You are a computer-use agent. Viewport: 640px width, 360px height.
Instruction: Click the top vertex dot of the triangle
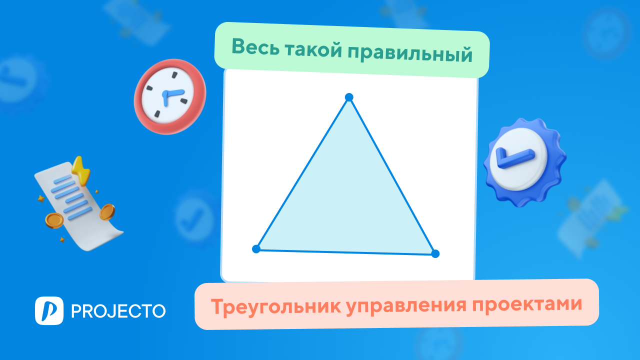[349, 97]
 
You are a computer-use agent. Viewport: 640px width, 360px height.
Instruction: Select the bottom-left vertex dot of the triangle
[256, 248]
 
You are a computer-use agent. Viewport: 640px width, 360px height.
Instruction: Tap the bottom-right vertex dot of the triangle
[435, 253]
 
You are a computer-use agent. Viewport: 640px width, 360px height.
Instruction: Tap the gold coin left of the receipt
[54, 219]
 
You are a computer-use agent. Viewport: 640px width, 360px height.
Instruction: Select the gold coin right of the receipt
[107, 212]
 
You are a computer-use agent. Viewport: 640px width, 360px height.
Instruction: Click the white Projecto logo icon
[49, 310]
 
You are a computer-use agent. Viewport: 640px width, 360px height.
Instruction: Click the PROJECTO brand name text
[118, 311]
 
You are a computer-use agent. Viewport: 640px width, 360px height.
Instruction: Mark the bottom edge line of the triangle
[345, 251]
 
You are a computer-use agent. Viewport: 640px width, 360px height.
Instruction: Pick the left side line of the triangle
[302, 173]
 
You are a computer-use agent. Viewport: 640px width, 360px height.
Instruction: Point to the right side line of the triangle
[392, 175]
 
